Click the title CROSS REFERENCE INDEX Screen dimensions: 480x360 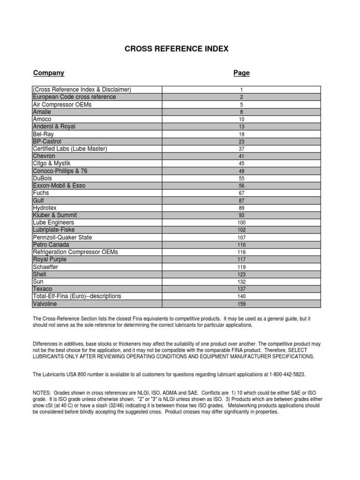click(x=176, y=49)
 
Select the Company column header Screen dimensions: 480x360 click(x=49, y=73)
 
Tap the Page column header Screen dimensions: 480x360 click(x=241, y=73)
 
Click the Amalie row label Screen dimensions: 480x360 click(x=42, y=112)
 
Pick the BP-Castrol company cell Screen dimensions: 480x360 click(x=47, y=142)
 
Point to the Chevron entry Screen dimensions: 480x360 click(x=44, y=156)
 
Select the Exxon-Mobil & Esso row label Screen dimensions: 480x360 click(x=59, y=186)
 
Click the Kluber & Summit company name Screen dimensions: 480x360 click(x=55, y=215)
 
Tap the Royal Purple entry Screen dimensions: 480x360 click(x=50, y=259)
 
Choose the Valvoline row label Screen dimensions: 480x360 click(x=45, y=304)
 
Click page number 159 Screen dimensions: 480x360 click(x=241, y=304)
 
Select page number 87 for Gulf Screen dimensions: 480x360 click(x=241, y=201)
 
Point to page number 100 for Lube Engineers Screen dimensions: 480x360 click(x=241, y=223)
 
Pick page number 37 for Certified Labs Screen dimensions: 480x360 click(x=241, y=149)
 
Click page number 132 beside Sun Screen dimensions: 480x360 click(x=241, y=282)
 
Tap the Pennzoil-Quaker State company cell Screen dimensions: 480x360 click(x=62, y=237)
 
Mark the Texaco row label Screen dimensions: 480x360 click(x=43, y=289)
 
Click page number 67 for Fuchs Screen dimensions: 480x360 click(x=241, y=193)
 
